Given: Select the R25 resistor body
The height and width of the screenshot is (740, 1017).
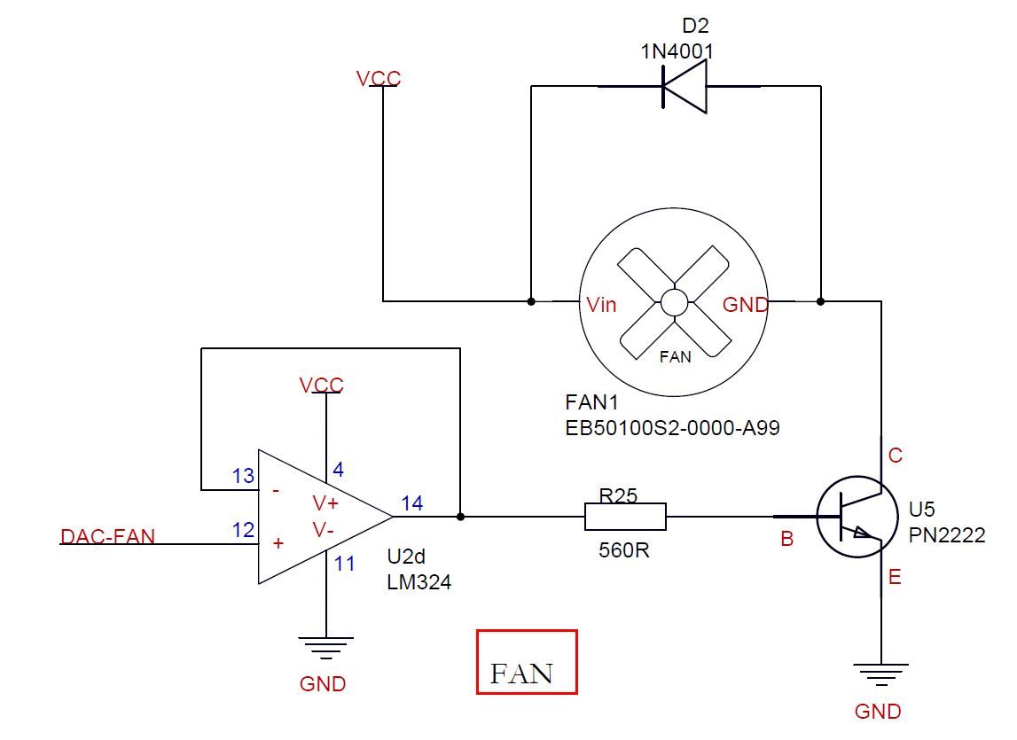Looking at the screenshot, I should (625, 516).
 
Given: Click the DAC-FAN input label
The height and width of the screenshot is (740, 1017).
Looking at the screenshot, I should (107, 536).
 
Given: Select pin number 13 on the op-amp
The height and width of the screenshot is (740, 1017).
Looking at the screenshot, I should (243, 477).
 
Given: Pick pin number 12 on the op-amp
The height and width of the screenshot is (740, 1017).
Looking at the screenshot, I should (243, 530).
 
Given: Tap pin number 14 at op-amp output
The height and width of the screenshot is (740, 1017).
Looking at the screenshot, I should (412, 502).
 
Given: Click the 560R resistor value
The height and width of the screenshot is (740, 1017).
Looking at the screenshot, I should (624, 549).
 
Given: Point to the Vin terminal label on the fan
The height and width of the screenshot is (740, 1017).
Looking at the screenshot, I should (602, 305).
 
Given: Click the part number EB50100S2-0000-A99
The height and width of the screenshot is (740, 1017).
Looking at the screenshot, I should (673, 427).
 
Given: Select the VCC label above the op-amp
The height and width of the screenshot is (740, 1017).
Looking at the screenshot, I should (321, 386).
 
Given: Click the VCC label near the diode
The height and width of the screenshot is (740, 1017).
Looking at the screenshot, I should (379, 79).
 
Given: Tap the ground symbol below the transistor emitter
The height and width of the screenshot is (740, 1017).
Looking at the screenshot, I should (880, 674).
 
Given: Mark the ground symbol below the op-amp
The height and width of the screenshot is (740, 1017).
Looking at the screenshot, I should (325, 648).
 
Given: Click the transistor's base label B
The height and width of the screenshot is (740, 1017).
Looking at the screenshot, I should (786, 539).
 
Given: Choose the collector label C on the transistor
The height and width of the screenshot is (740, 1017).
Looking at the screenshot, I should (896, 456).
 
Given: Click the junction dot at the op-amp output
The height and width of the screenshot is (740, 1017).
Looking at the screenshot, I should (460, 516).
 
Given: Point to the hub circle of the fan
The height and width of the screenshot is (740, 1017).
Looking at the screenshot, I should (673, 302).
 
